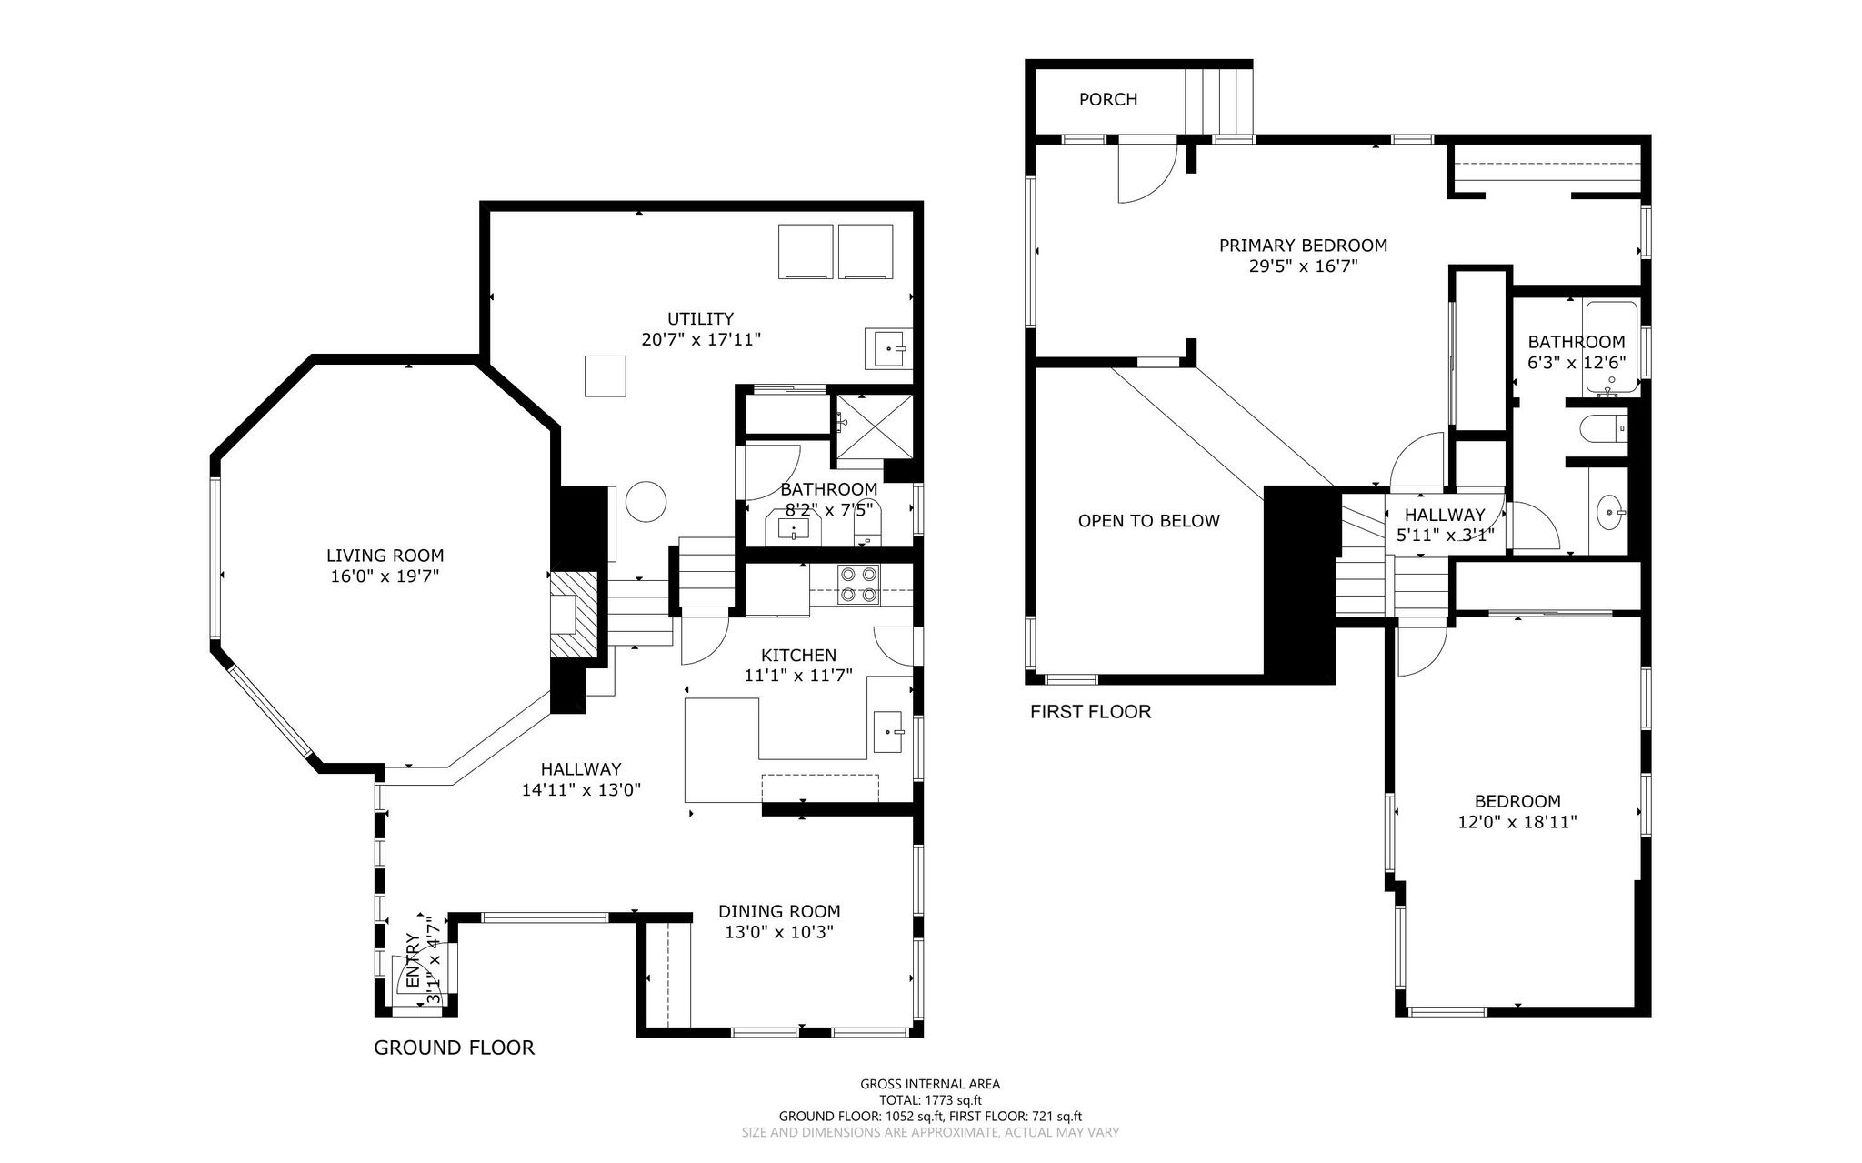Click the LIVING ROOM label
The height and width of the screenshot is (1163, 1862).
pyautogui.click(x=385, y=556)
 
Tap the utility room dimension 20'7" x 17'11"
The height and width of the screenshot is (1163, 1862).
pyautogui.click(x=700, y=339)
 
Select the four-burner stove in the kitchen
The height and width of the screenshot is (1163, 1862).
pyautogui.click(x=859, y=585)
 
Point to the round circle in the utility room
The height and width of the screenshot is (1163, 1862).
pyautogui.click(x=648, y=501)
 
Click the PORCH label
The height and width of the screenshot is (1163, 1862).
pyautogui.click(x=1108, y=99)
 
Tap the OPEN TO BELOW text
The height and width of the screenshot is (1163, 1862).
pyautogui.click(x=1149, y=521)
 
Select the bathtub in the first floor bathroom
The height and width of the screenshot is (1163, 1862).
pyautogui.click(x=1612, y=348)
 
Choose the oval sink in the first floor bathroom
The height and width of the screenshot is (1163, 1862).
pyautogui.click(x=1610, y=512)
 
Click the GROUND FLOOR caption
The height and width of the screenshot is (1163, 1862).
pyautogui.click(x=455, y=1048)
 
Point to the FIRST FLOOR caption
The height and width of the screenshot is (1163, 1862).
pyautogui.click(x=1090, y=712)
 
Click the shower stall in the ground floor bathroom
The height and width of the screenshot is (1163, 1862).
pyautogui.click(x=872, y=425)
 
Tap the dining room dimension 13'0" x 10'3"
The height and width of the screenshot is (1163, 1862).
pyautogui.click(x=779, y=932)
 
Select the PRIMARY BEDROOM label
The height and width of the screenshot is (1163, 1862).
pyautogui.click(x=1303, y=246)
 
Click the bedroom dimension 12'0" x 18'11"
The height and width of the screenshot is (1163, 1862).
pyautogui.click(x=1517, y=822)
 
